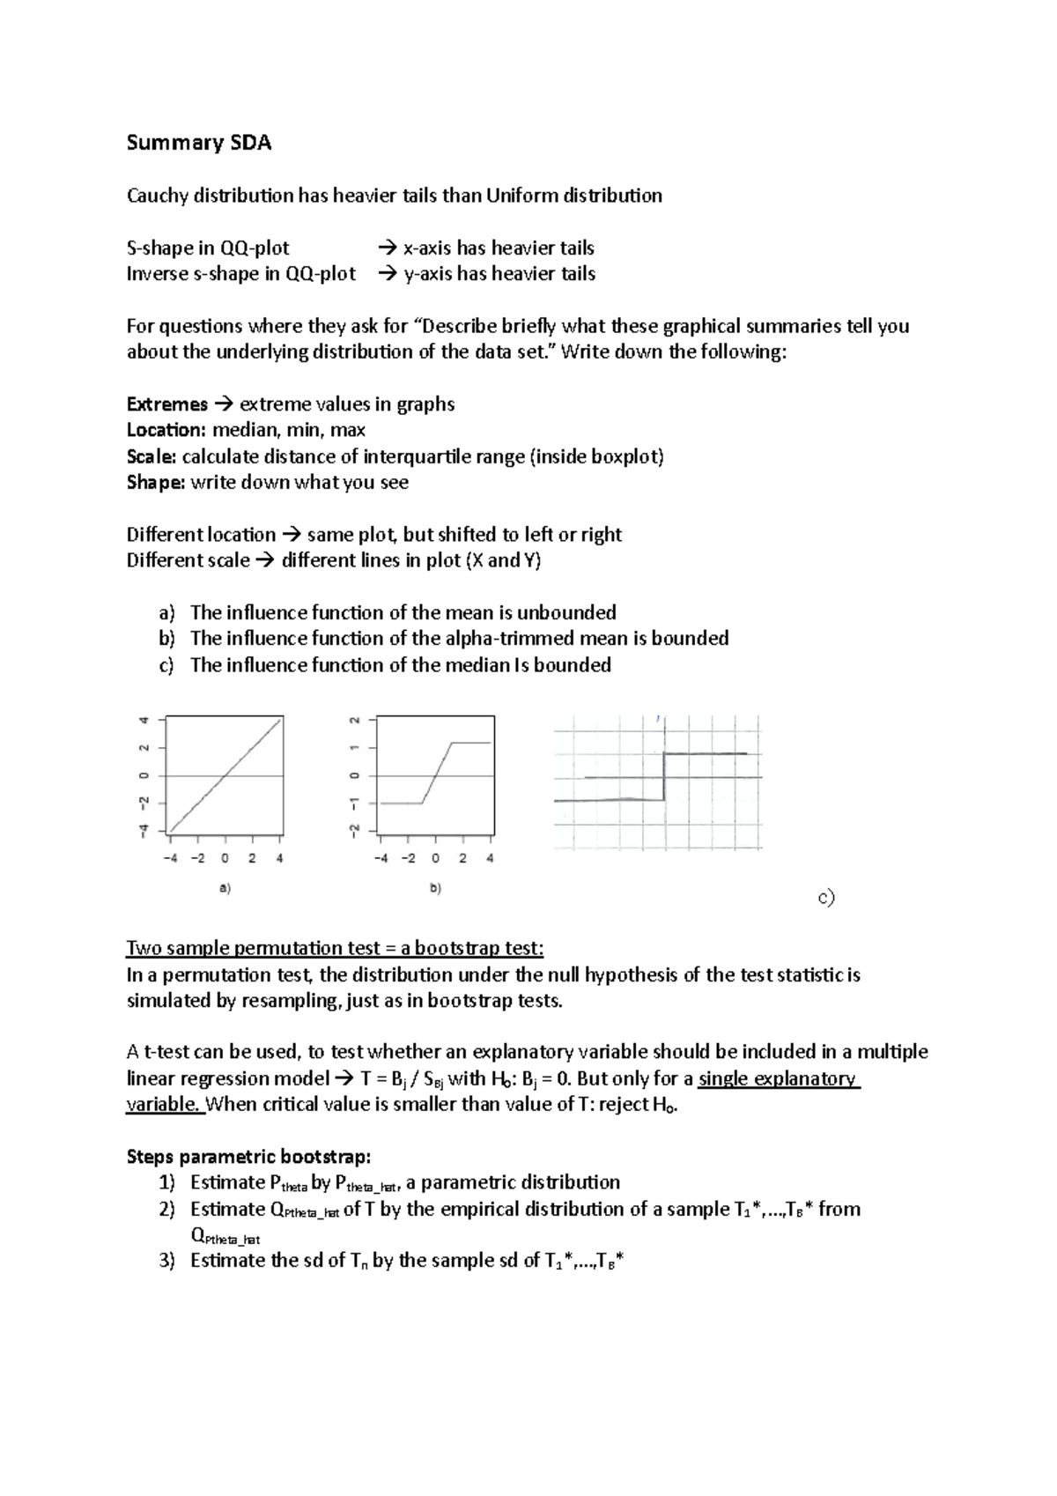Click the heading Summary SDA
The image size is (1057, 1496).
click(199, 143)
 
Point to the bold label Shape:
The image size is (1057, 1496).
click(156, 482)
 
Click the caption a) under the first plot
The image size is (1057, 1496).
click(225, 889)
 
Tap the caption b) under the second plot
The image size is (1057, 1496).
click(435, 889)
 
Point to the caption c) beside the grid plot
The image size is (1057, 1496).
click(825, 898)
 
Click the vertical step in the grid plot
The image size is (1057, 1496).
click(663, 777)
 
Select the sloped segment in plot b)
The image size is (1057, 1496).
click(437, 773)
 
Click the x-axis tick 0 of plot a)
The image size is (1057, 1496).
click(225, 858)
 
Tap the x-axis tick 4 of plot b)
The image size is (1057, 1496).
click(490, 858)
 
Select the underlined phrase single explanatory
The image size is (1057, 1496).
click(777, 1078)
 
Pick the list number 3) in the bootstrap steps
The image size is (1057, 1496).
click(167, 1261)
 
